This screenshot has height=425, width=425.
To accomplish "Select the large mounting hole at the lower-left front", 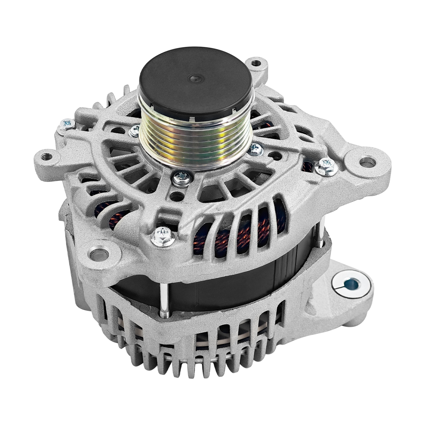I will [100, 253].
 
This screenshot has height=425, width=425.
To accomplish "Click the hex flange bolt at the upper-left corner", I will [66, 124].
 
